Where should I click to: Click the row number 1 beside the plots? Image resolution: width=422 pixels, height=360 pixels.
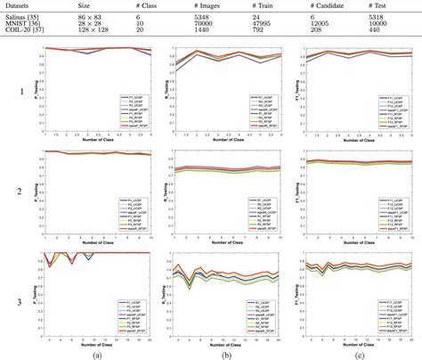pos(10,91)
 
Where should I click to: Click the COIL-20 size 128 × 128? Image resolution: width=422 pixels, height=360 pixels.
pos(95,30)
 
